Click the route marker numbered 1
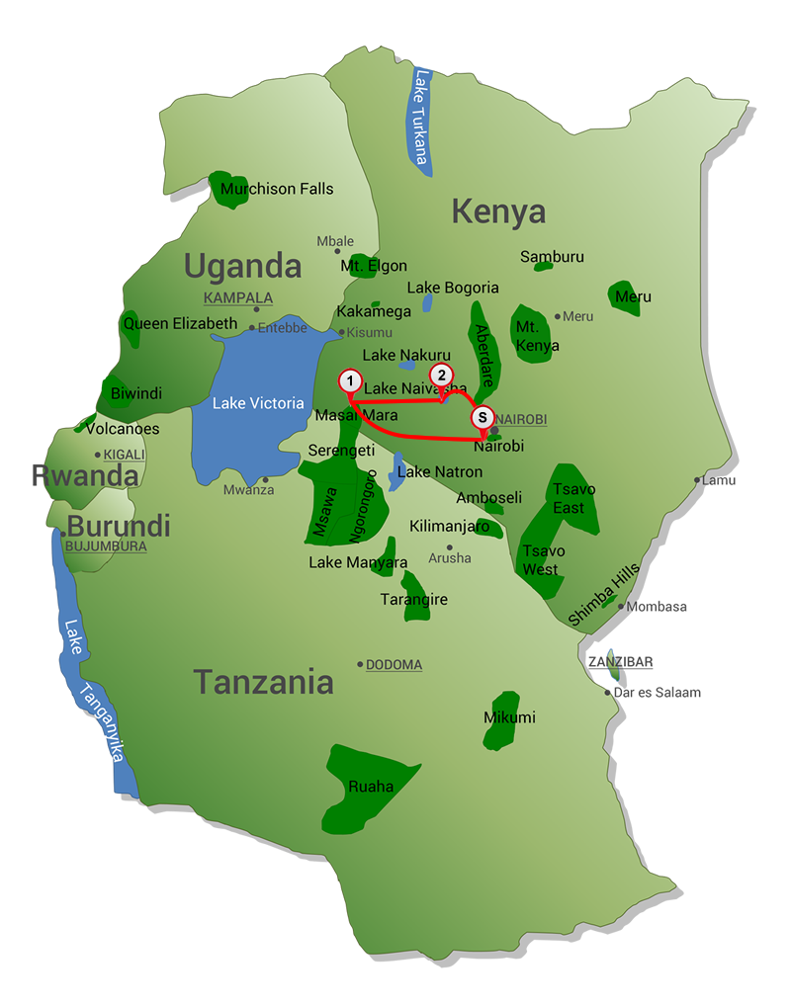point(349,380)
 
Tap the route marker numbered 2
point(441,375)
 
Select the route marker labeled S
point(482,418)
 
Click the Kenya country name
point(498,211)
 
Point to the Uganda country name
point(242,266)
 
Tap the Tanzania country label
point(263,682)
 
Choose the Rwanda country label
point(85,475)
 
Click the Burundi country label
point(119,525)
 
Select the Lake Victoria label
point(258,403)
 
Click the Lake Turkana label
point(422,117)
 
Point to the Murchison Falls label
point(277,189)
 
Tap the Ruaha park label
point(371,787)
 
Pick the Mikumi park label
point(509,717)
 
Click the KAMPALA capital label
point(237,297)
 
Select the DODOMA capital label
point(394,665)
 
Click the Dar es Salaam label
point(658,692)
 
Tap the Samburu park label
point(552,257)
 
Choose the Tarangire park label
point(414,600)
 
